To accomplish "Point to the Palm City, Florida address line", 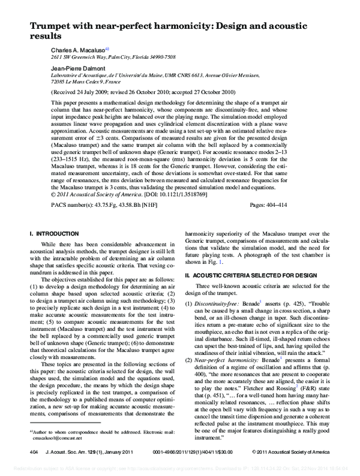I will pyautogui.click(x=114, y=57).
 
